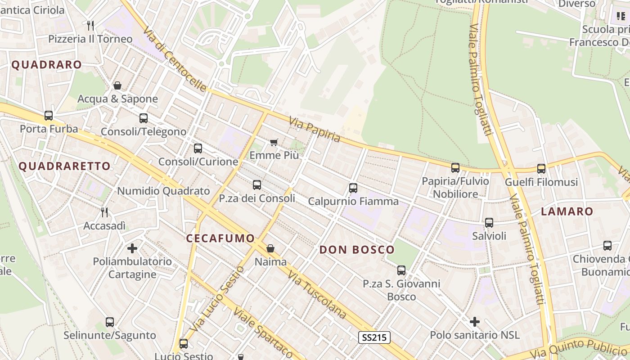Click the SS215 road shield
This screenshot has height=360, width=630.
(374, 337)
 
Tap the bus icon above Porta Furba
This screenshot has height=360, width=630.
(49, 116)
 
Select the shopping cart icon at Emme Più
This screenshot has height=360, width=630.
(274, 142)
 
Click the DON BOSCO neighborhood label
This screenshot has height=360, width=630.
(357, 250)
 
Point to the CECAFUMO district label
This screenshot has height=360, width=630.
(220, 238)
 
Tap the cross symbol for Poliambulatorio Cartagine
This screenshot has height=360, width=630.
(132, 248)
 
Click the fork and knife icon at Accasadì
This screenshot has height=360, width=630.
(104, 212)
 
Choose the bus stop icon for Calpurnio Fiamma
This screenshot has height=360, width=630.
(353, 188)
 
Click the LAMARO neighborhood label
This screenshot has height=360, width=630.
(567, 211)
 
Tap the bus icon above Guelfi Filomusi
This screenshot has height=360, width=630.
(541, 169)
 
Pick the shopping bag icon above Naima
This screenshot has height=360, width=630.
(270, 248)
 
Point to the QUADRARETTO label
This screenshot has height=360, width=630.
(64, 166)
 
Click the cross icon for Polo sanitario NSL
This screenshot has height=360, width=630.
(475, 322)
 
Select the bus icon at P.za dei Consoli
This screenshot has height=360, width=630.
(257, 185)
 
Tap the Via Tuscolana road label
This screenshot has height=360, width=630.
(317, 295)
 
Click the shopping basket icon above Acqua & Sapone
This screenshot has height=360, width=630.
(117, 85)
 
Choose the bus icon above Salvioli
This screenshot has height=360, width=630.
(489, 223)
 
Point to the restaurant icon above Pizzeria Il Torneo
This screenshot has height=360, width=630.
(90, 25)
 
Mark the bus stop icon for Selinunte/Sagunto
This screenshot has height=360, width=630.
(110, 322)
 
